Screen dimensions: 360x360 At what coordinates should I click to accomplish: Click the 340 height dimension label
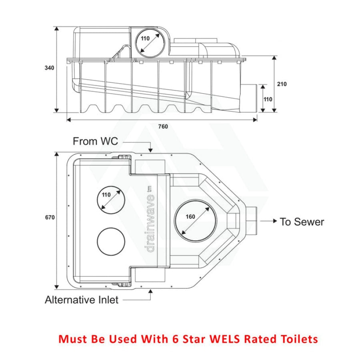(x=49, y=68)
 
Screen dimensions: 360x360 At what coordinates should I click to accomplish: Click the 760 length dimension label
(x=163, y=127)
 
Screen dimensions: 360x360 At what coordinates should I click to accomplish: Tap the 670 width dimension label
(x=50, y=217)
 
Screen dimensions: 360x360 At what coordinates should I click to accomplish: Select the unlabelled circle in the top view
(x=111, y=241)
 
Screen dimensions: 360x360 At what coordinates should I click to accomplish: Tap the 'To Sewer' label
(x=302, y=221)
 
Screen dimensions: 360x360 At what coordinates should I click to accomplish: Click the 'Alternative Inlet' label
(x=82, y=300)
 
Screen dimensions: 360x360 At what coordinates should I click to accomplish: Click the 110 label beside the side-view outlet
(x=268, y=99)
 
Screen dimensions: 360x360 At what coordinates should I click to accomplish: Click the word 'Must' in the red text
(x=72, y=339)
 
